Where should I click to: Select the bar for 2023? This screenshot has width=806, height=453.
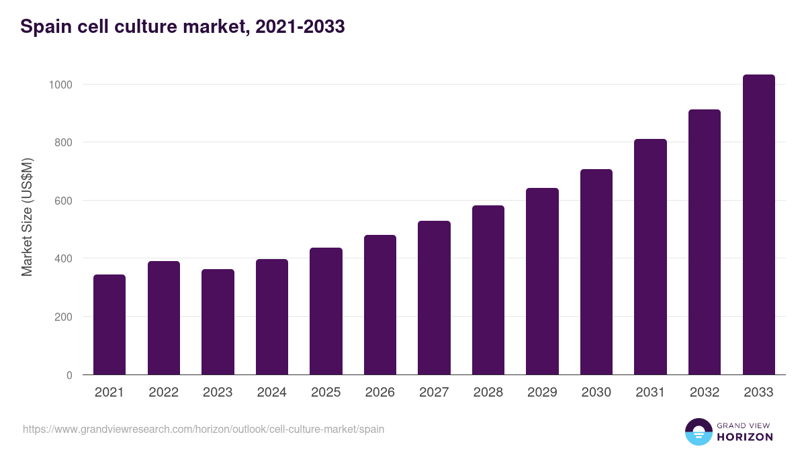click(x=218, y=321)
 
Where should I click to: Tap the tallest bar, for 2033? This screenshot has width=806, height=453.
click(x=758, y=224)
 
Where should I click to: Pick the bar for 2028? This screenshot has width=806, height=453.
click(x=488, y=290)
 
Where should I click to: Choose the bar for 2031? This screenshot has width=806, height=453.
click(x=650, y=256)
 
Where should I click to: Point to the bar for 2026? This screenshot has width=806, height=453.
click(x=379, y=305)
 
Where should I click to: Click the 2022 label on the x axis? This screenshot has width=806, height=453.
click(x=163, y=393)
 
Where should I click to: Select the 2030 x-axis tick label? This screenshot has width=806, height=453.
click(x=596, y=393)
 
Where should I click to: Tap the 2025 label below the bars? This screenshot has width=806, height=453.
click(x=326, y=393)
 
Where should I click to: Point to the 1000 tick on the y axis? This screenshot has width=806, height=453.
click(x=60, y=85)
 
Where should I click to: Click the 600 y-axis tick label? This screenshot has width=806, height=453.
click(x=63, y=201)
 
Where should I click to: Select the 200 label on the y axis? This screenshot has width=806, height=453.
click(x=63, y=317)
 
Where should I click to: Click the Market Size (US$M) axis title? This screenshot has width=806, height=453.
click(x=27, y=217)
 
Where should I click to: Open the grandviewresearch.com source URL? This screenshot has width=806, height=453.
click(x=204, y=429)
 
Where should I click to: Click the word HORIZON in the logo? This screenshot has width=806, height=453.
click(x=744, y=437)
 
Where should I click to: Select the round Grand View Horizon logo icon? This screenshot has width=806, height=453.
click(x=698, y=432)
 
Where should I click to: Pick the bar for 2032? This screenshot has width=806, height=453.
click(x=704, y=242)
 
